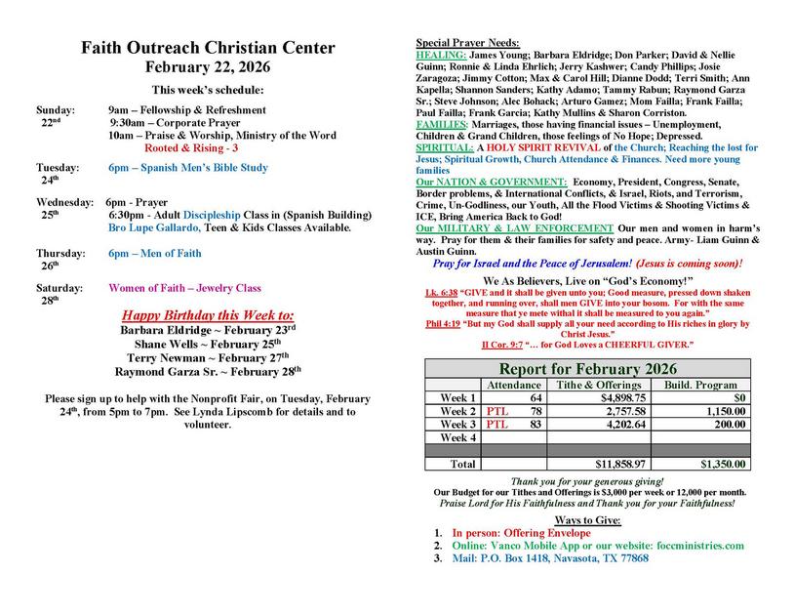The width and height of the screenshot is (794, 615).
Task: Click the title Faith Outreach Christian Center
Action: pos(208,48)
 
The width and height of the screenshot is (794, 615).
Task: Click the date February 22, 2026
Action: pos(208,67)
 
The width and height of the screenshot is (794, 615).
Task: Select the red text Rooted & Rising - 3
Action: pos(191,147)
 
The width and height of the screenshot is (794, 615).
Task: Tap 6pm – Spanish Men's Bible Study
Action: pos(188,168)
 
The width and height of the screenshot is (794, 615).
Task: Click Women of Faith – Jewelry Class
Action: pos(184,288)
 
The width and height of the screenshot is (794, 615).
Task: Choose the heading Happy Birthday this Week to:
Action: pos(207,316)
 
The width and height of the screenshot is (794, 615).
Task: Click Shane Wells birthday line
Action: pos(208,344)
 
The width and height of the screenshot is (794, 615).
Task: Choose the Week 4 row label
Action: pos(457,438)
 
